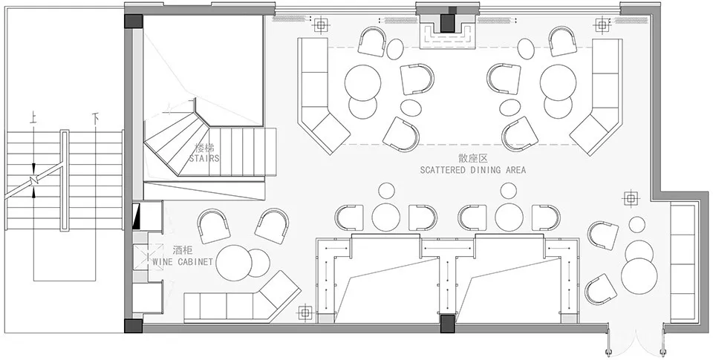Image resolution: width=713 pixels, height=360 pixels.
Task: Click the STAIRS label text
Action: point(204,159)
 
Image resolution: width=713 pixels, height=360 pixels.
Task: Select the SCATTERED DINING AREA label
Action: point(473,170)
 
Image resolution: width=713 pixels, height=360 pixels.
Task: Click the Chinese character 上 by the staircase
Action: point(33,118)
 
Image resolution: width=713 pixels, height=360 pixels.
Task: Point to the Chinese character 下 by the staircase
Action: point(95,119)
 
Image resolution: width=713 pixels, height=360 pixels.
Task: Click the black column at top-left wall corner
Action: point(134,22)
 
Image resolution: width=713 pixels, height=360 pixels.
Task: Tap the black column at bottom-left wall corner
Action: point(134,325)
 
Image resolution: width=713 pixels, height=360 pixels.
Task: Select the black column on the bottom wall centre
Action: point(447,323)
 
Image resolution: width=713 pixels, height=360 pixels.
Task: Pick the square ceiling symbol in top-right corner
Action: point(602,25)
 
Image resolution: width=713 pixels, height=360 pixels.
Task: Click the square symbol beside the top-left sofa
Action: point(321,24)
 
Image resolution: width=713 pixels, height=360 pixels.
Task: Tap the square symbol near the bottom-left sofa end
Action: point(305,312)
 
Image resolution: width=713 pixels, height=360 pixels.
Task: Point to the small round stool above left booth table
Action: point(386,191)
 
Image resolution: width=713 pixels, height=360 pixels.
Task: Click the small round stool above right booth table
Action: point(508,191)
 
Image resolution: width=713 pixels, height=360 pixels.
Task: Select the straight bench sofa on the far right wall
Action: point(683,264)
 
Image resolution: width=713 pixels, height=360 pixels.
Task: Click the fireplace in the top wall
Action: point(448,30)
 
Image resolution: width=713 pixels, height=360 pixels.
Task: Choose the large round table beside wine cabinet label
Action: point(234,263)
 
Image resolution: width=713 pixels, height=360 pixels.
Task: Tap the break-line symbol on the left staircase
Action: point(33,179)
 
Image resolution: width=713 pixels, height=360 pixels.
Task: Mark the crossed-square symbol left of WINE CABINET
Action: point(149,258)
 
